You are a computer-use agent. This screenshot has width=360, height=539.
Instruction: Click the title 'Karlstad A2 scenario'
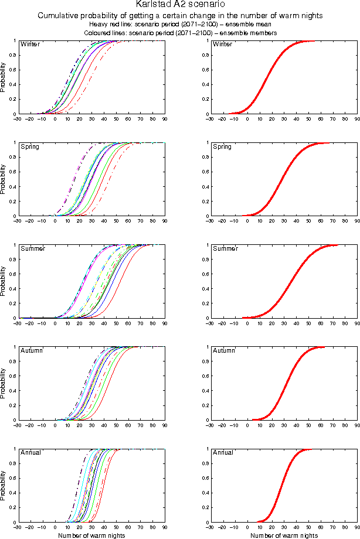(180, 5)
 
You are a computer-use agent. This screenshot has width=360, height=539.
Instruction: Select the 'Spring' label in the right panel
(222, 146)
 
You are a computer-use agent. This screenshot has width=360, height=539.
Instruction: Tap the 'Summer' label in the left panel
(31, 249)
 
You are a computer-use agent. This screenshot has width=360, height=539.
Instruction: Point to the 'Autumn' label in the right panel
(223, 350)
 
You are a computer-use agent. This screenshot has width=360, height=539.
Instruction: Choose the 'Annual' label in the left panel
(30, 453)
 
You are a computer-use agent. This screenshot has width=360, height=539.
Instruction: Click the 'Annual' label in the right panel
(223, 453)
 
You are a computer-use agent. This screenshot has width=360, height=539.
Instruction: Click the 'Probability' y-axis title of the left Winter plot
(4, 77)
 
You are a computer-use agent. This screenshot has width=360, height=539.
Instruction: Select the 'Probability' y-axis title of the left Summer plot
(4, 281)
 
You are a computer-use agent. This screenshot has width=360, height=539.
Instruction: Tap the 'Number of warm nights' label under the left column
(91, 535)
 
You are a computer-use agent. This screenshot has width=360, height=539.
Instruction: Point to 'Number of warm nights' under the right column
(284, 535)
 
